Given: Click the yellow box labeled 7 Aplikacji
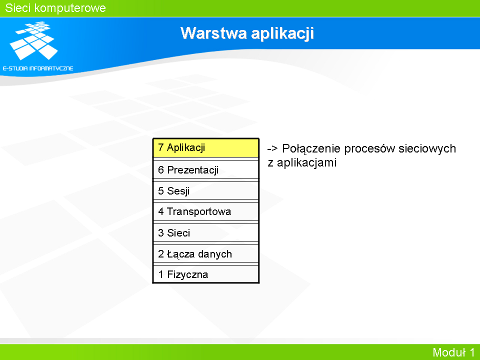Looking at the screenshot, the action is point(205,148).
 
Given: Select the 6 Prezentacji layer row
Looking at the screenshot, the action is point(205,169).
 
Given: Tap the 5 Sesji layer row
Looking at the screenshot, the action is point(205,190).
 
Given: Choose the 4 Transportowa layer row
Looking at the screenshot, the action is point(205,211).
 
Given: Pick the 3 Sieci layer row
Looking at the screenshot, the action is point(205,232).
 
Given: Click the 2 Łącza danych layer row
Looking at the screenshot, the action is point(205,254).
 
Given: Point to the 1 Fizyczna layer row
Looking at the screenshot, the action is point(205,274).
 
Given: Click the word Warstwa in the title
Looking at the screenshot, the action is point(213,33).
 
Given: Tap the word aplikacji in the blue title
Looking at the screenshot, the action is point(282,34).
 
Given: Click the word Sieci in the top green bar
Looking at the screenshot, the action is point(18,8).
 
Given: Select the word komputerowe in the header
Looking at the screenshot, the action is point(70,8).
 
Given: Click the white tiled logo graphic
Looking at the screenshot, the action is point(33,40).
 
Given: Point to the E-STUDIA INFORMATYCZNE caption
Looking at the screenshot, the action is point(38,68).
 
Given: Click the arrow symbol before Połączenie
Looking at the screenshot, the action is point(272,149).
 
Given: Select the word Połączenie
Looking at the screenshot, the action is point(311,149).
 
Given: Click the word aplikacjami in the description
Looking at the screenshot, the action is point(306,163).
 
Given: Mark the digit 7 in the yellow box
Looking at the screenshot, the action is point(160,147).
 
